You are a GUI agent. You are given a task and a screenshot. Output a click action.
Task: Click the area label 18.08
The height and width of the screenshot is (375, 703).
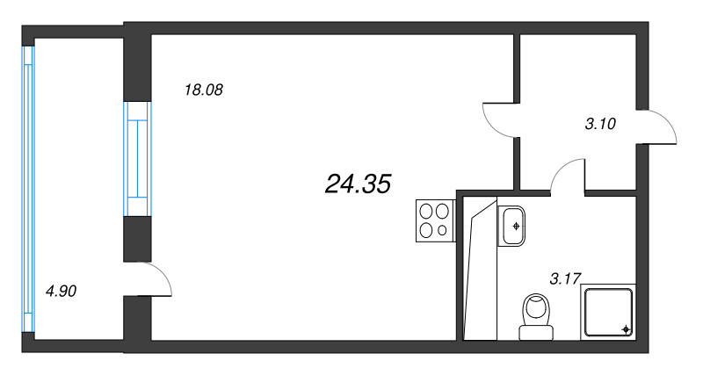pyautogui.click(x=204, y=89)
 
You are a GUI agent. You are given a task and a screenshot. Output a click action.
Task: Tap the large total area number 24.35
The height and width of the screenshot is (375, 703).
pyautogui.click(x=357, y=184)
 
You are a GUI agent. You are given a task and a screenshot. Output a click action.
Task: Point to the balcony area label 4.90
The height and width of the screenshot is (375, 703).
pyautogui.click(x=62, y=291)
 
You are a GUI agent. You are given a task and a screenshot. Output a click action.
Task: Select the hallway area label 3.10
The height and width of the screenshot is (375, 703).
pyautogui.click(x=600, y=124)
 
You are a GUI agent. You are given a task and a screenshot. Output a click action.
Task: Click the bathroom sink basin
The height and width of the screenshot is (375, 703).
pyautogui.click(x=514, y=226)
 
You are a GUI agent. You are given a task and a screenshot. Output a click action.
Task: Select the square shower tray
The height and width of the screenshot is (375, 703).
pyautogui.click(x=607, y=311)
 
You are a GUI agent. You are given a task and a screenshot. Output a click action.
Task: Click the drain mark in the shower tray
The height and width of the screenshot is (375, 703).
pyautogui.click(x=625, y=328)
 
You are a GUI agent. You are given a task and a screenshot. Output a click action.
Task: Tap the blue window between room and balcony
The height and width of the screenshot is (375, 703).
pyautogui.click(x=136, y=159)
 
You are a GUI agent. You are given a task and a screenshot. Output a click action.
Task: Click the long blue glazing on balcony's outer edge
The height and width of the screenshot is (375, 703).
pyautogui.click(x=28, y=187)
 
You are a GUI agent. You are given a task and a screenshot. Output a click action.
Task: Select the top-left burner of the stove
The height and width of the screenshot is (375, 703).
pyautogui.click(x=425, y=211)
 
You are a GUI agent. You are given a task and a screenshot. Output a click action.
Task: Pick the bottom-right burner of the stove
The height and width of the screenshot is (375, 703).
pyautogui.click(x=441, y=230)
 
